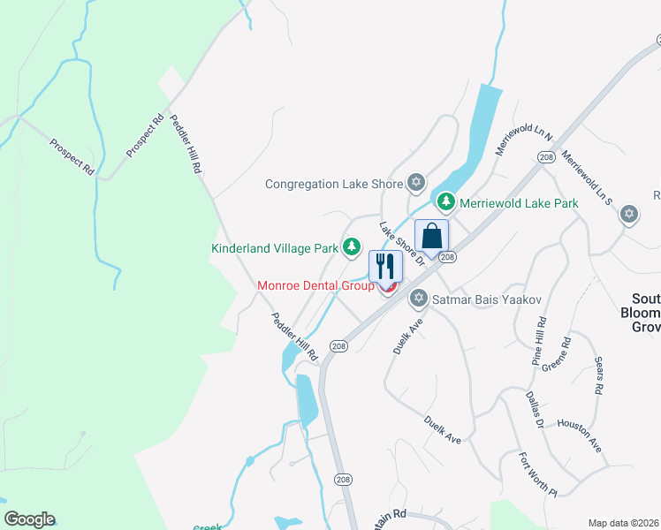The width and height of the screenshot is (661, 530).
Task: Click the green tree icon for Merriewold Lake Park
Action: [447, 203]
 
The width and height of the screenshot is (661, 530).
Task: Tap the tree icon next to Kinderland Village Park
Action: [353, 247]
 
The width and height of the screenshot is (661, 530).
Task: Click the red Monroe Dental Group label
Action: [315, 286]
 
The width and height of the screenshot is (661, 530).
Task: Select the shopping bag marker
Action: [431, 237]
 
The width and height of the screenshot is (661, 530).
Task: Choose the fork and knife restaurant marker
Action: [385, 266]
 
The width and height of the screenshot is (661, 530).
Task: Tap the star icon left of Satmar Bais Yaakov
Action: [419, 299]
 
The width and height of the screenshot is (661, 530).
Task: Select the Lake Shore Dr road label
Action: [403, 243]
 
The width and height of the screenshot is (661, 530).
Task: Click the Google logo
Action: [29, 519]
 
